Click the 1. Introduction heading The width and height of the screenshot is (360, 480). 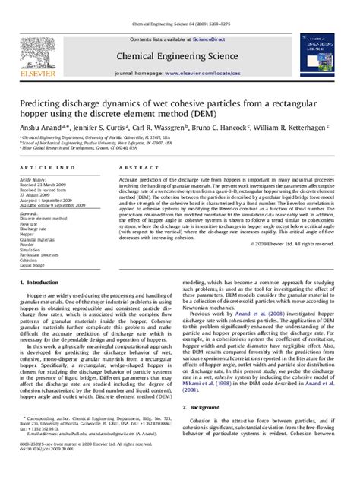tap(43, 283)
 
